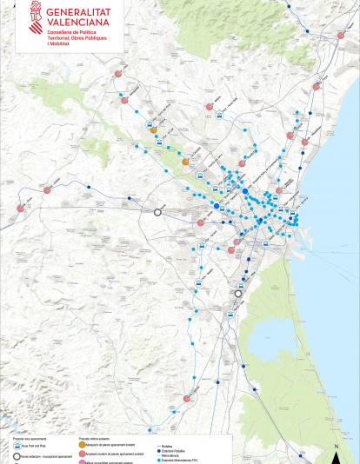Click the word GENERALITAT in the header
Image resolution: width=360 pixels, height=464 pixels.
point(83,11)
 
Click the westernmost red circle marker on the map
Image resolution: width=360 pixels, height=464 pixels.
point(19,208)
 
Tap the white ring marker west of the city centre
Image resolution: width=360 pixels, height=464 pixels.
point(158,211)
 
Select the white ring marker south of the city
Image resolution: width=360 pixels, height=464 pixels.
point(238,293)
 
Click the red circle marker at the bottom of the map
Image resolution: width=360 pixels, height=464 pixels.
point(186,399)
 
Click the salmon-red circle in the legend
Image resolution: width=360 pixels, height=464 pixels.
point(83,454)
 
